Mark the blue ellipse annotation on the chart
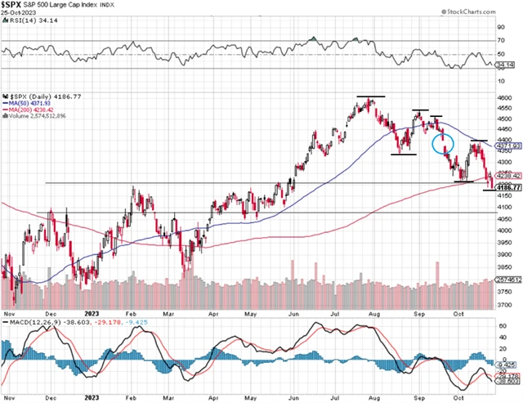coord(442,144)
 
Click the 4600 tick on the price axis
coord(505,98)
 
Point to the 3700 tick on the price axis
coord(505,305)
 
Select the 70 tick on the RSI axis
coord(502,39)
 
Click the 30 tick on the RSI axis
coord(502,69)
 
